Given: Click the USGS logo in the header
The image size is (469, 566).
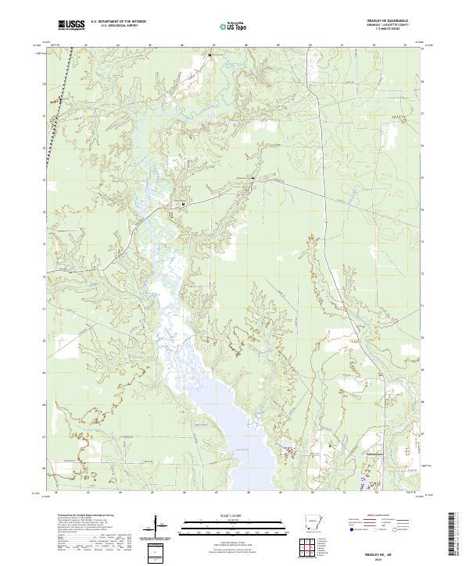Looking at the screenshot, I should [x=71, y=26].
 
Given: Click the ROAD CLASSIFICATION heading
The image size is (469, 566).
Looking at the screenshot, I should [x=380, y=516].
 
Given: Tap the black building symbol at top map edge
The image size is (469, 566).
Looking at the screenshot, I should [x=209, y=55].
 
